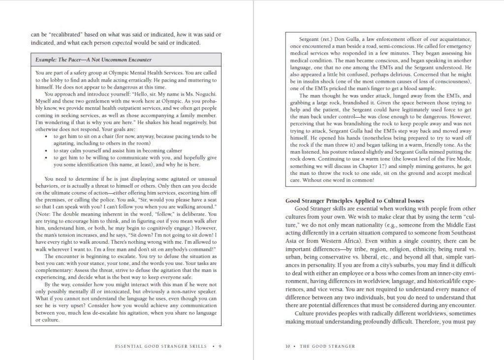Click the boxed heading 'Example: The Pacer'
[94, 60]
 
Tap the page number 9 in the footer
[220, 346]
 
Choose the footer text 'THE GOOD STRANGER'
[327, 346]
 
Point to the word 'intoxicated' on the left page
[115, 292]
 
